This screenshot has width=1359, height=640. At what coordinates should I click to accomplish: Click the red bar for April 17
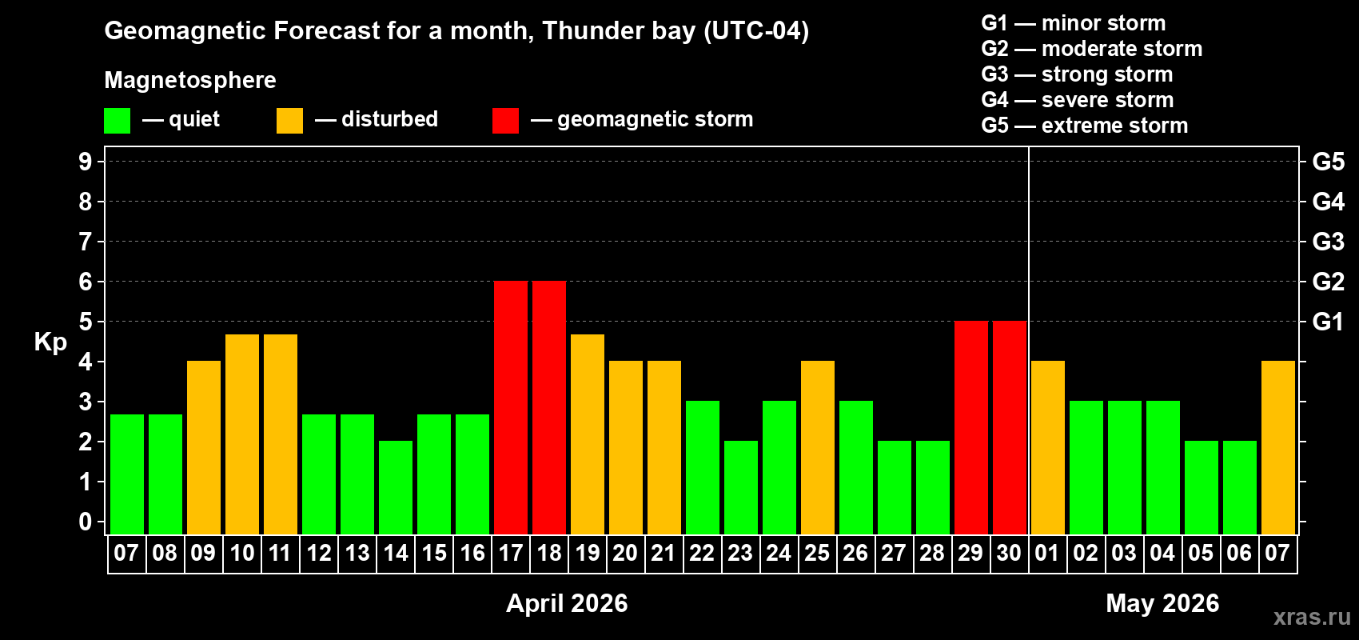(x=511, y=407)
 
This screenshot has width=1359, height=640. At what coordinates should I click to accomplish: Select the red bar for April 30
(x=1010, y=427)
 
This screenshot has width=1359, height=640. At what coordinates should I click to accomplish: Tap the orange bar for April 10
(x=242, y=434)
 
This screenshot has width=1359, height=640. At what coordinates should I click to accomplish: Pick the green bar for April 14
(x=396, y=487)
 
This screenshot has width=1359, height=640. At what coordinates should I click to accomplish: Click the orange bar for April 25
(x=818, y=447)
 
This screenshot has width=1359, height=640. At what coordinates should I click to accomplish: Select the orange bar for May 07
(x=1277, y=447)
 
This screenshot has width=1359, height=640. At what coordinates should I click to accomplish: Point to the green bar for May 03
(x=1125, y=467)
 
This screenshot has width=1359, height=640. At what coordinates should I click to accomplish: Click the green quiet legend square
(x=118, y=121)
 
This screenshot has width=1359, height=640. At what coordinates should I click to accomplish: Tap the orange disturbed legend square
(x=289, y=121)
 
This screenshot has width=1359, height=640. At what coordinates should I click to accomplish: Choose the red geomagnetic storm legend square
(x=505, y=121)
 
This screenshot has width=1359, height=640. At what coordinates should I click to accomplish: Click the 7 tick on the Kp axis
(x=86, y=242)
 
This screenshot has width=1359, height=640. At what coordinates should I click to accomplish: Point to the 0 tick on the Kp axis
(x=86, y=522)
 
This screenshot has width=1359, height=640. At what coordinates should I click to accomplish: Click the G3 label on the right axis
(x=1328, y=242)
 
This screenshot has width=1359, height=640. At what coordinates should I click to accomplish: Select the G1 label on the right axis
(x=1328, y=322)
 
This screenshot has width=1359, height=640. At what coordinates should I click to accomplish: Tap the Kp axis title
(x=50, y=342)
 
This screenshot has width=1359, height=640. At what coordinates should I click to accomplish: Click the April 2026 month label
(x=567, y=603)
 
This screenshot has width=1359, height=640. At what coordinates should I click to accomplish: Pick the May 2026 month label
(x=1162, y=603)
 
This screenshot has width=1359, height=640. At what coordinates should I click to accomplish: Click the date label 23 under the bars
(x=740, y=554)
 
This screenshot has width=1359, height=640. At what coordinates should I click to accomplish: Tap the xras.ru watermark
(x=1311, y=617)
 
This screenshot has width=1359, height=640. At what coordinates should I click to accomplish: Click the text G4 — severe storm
(x=1077, y=100)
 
